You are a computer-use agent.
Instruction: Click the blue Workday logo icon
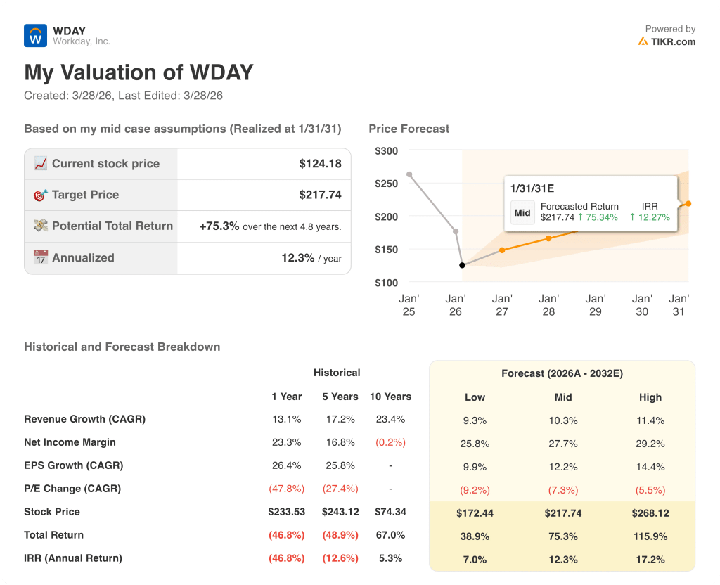point(35,36)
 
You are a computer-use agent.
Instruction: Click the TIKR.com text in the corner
point(673,41)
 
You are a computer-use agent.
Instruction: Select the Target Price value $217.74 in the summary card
point(320,195)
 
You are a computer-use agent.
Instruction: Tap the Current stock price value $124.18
point(320,164)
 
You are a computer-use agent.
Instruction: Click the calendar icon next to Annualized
point(41,257)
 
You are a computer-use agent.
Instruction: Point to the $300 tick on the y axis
point(386,150)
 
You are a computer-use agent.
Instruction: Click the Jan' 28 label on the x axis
point(548,305)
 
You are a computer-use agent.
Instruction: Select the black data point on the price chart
point(462,265)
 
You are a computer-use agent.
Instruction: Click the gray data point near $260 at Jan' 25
point(409,174)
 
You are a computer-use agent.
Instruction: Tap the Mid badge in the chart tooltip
point(522,212)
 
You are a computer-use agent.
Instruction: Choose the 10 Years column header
point(390,397)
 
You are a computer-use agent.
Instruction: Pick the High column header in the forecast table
point(650,397)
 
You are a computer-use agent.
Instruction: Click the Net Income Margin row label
point(70,442)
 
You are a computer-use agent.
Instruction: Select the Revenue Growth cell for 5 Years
point(340,419)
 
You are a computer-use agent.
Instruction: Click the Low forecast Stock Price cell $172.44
point(475,513)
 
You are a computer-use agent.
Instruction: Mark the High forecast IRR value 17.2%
point(650,560)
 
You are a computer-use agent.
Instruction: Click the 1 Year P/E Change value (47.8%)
point(286,489)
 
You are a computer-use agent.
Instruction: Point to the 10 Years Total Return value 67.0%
point(390,535)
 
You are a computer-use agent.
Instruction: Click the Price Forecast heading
point(409,129)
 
